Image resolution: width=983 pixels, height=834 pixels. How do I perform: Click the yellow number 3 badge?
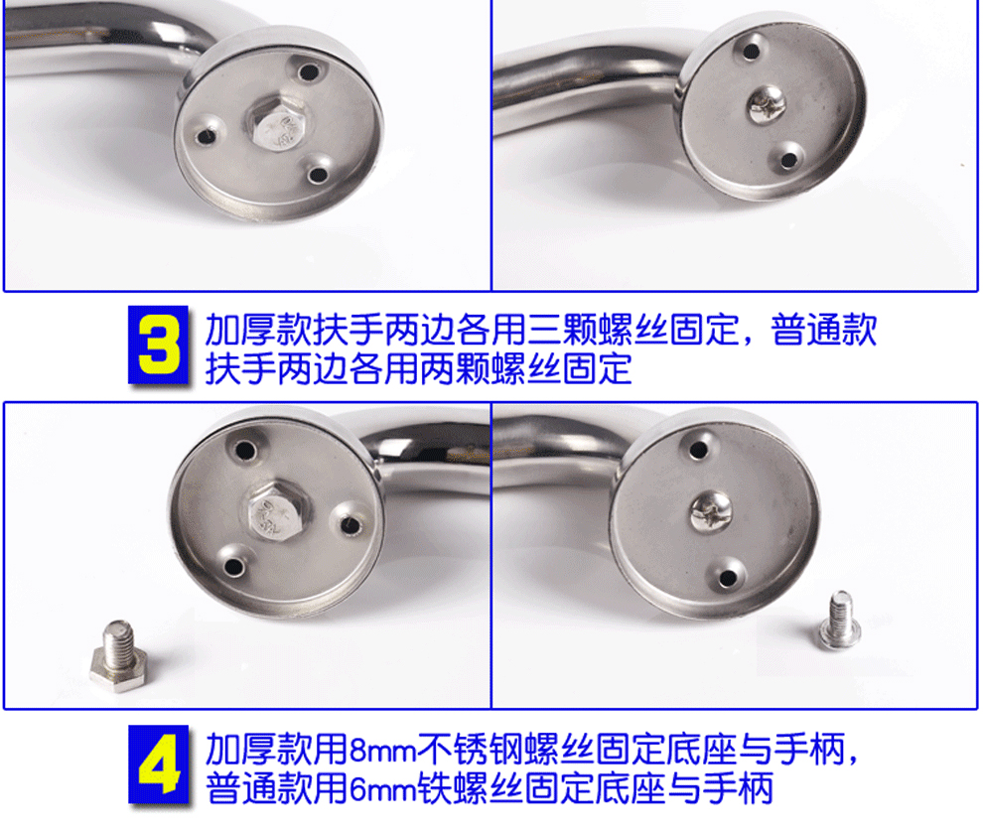point(159,345)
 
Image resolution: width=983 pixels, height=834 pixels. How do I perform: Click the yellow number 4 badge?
point(159,764)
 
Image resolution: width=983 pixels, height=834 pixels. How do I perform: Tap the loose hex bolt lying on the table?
point(119,656)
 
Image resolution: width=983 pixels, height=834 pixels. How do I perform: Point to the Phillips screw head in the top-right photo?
point(767,104)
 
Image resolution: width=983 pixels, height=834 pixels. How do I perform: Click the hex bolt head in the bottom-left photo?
point(276,511)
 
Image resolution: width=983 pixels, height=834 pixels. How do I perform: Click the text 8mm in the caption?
point(383,749)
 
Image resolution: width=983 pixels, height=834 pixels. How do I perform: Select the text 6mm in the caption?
point(383,789)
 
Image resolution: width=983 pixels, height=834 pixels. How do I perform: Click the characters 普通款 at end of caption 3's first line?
point(824,330)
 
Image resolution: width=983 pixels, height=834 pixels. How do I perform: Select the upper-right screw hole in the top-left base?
point(308,71)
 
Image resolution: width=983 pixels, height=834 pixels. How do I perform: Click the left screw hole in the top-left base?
point(205,136)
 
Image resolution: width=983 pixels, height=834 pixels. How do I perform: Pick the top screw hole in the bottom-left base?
point(245,450)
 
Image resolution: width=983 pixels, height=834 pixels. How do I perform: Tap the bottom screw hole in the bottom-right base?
point(727,578)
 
